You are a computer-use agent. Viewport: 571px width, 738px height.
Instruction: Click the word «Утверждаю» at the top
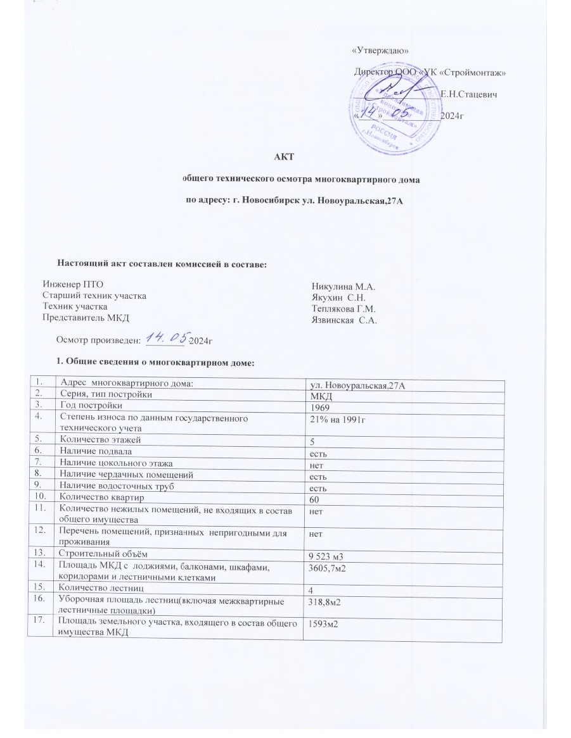pos(380,51)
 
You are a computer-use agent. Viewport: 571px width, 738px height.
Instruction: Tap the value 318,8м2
pos(328,602)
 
